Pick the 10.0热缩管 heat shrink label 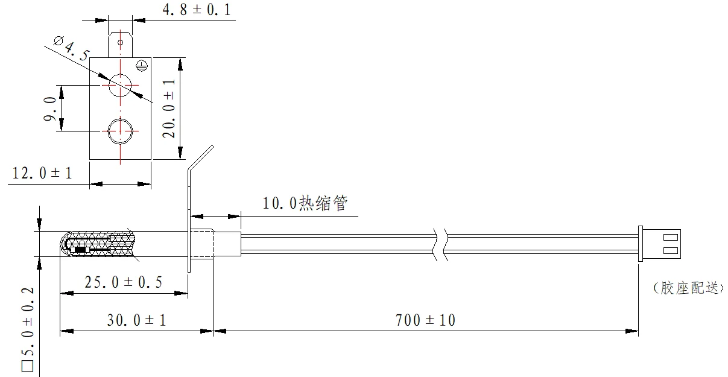click(305, 203)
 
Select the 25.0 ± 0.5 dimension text click(123, 282)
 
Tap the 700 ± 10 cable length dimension click(426, 320)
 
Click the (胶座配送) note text click(688, 288)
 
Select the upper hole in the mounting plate click(120, 85)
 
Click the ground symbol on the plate click(142, 63)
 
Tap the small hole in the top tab click(120, 43)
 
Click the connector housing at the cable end click(660, 244)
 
